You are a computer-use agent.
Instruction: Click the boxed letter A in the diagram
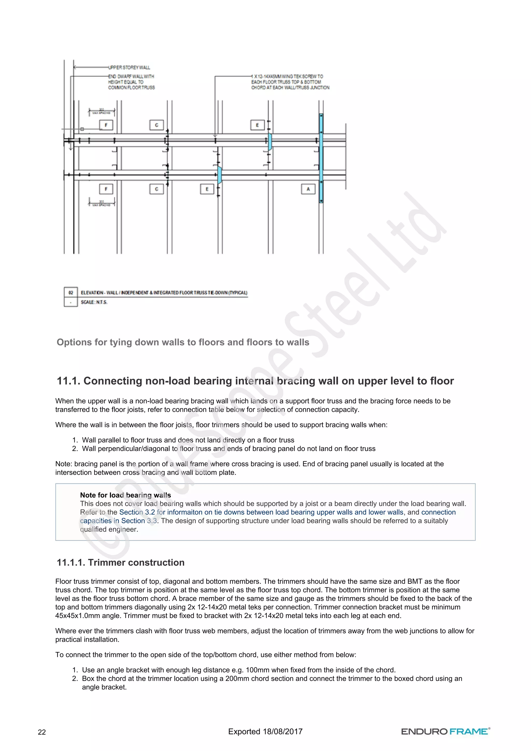tap(308, 189)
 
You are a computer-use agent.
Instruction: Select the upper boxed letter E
tap(257, 125)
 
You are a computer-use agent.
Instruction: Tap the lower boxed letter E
tap(207, 189)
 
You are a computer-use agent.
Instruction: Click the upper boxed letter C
tap(156, 125)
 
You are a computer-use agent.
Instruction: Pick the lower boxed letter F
tap(106, 189)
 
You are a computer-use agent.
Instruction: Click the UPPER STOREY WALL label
tap(129, 67)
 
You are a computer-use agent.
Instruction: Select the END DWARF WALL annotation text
tap(131, 82)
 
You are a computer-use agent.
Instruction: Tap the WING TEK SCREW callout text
tap(290, 82)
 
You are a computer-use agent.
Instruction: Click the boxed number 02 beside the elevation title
tap(71, 293)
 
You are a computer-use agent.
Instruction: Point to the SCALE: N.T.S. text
tap(94, 302)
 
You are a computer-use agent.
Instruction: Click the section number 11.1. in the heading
tap(68, 381)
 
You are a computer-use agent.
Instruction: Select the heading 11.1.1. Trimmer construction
tap(121, 562)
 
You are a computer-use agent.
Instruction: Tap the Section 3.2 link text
tap(137, 512)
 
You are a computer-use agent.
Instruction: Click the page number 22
tap(42, 732)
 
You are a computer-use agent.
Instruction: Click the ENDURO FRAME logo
tap(445, 731)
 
